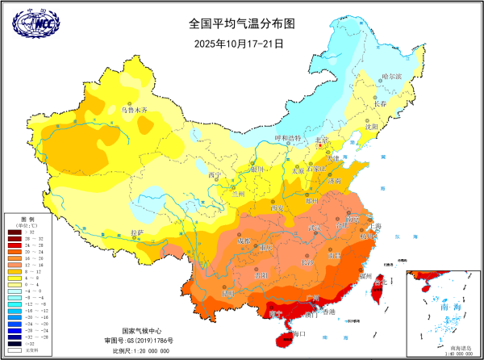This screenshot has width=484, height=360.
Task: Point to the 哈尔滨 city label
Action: [391, 75]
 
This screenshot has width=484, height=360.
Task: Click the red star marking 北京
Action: [321, 146]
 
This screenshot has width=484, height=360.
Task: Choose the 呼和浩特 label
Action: [287, 139]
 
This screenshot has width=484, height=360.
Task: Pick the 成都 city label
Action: [245, 241]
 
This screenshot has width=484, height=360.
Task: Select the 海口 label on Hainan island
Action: [300, 333]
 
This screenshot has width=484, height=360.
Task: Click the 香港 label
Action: [328, 311]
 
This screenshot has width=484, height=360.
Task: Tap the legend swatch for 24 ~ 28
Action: [14, 245]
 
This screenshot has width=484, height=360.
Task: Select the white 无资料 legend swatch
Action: [14, 350]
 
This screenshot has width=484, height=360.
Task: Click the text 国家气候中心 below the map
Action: [144, 331]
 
